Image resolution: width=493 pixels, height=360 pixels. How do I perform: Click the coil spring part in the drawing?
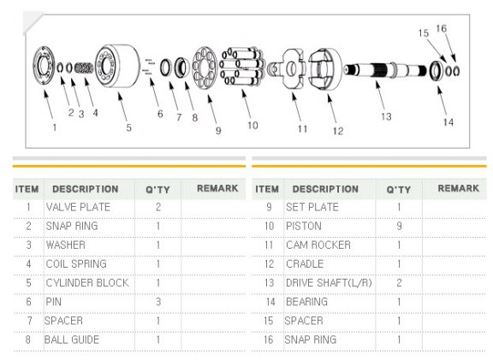coord(84,68)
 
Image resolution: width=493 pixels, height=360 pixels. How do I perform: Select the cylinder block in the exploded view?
coord(117,66)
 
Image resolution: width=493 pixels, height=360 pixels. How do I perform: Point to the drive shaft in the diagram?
coord(385,70)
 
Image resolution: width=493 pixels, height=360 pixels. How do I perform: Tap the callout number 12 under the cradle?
coord(338,131)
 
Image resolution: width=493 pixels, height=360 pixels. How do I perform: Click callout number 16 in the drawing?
coord(441,28)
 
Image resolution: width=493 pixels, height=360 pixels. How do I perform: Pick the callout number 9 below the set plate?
coord(218,130)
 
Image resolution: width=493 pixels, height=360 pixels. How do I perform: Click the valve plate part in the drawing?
coord(44,65)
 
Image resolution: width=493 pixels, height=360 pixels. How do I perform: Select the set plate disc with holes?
coord(205,68)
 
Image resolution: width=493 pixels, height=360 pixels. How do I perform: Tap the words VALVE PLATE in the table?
coord(78,207)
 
